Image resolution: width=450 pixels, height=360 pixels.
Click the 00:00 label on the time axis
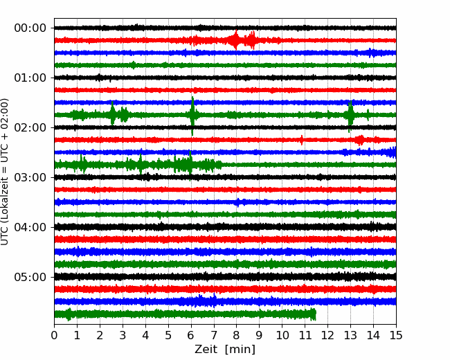coord(30,28)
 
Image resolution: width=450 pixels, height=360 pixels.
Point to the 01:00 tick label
coord(30,78)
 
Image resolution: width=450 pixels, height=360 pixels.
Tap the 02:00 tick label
coord(30,127)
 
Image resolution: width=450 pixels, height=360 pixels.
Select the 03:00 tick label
coord(30,177)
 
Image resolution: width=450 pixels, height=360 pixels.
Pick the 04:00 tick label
coord(30,227)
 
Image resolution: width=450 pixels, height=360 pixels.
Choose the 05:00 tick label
coord(30,278)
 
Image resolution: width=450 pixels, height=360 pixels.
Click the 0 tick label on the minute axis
coord(54,335)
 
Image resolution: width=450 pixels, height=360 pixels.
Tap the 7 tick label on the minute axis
coord(214,335)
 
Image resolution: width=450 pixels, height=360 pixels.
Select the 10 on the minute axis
coord(282,335)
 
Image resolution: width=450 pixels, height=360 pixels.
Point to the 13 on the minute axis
coord(350,335)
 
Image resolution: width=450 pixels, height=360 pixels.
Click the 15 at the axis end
coord(396,335)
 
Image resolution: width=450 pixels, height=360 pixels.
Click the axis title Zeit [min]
coord(225,350)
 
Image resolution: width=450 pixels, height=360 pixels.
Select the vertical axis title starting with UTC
coord(5,172)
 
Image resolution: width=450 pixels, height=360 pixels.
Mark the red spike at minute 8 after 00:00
coord(236,40)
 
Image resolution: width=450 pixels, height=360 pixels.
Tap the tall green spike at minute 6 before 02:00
coord(192,116)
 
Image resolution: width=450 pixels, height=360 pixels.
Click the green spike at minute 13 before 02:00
coord(350,116)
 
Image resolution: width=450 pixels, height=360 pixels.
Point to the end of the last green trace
coord(316,314)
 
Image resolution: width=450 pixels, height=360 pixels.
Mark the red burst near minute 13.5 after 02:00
coord(360,140)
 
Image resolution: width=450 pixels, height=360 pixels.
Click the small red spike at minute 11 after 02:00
coord(301,140)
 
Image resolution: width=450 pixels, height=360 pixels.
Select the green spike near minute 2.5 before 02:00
coord(112,114)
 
